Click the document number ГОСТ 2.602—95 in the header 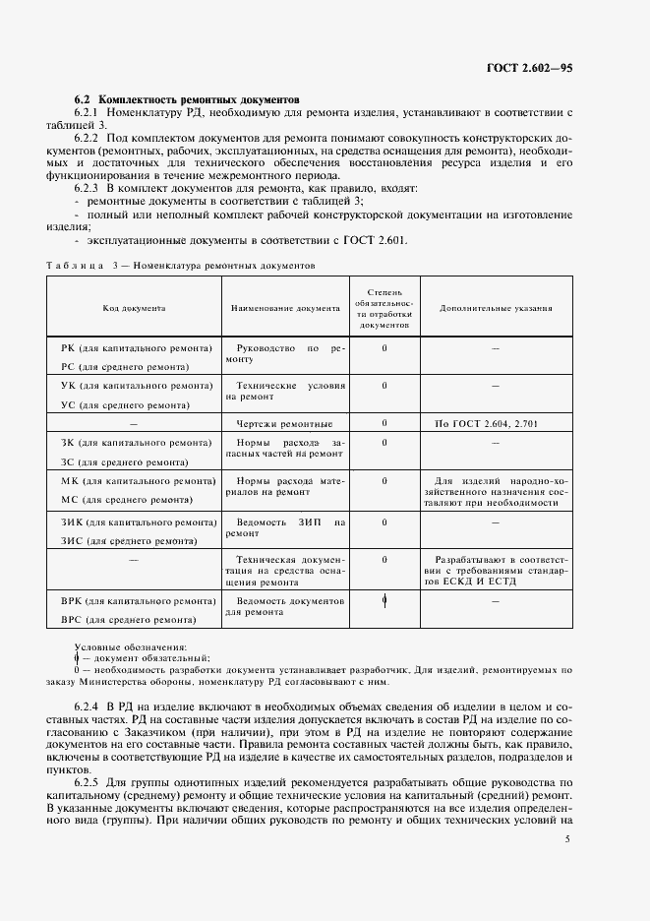pyautogui.click(x=529, y=68)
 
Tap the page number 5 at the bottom pyautogui.click(x=567, y=838)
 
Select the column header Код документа pyautogui.click(x=135, y=308)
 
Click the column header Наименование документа pyautogui.click(x=285, y=308)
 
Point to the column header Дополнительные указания pyautogui.click(x=496, y=308)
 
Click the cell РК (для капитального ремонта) pyautogui.click(x=137, y=348)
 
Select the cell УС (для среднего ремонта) pyautogui.click(x=125, y=404)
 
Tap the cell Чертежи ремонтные pyautogui.click(x=284, y=424)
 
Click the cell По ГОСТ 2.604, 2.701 pyautogui.click(x=486, y=424)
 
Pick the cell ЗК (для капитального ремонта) pyautogui.click(x=137, y=443)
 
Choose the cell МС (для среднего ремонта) pyautogui.click(x=125, y=499)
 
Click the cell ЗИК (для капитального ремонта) pyautogui.click(x=139, y=522)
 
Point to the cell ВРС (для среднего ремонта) pyautogui.click(x=128, y=619)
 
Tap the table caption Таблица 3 pyautogui.click(x=81, y=267)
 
